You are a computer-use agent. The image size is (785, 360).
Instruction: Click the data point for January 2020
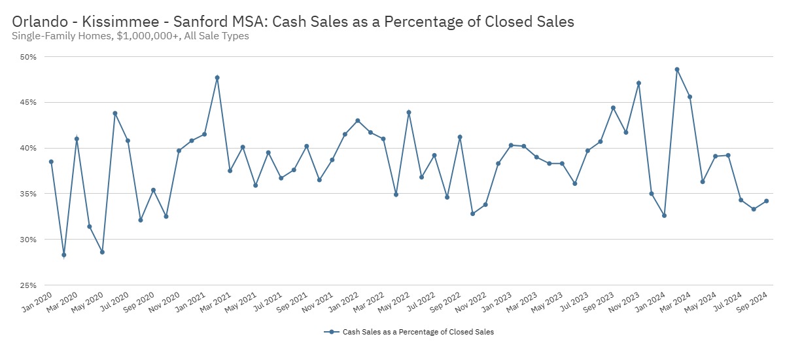(51, 162)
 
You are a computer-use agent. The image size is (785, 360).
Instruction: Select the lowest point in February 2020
(64, 255)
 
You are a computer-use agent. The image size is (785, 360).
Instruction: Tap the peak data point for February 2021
(217, 78)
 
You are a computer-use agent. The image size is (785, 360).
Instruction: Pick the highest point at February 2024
(677, 69)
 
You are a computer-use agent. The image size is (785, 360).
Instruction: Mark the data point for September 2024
(766, 201)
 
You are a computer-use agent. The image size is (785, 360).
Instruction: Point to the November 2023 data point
(638, 83)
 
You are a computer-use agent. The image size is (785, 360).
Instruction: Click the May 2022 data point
(409, 112)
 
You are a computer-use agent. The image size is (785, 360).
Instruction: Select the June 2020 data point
(115, 113)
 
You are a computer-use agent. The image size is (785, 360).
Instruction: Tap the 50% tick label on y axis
(27, 57)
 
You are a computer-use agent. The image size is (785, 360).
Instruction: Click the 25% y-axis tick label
(27, 285)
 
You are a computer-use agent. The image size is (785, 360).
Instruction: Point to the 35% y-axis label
(27, 194)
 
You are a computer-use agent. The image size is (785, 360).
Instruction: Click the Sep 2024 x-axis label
(752, 301)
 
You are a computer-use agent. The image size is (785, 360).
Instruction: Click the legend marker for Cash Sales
(332, 332)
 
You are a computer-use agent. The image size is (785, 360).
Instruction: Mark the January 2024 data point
(664, 215)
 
